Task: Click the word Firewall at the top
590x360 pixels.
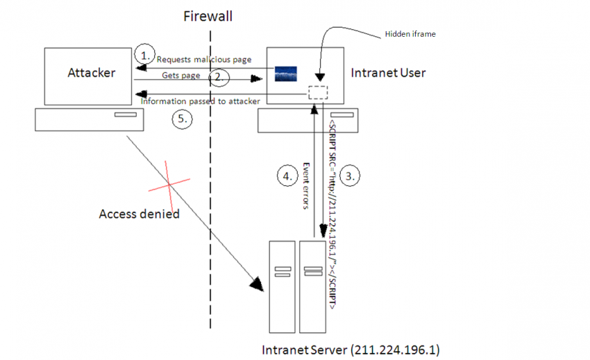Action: (208, 15)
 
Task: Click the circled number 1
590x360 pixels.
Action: (144, 53)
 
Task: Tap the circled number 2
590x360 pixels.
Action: (219, 76)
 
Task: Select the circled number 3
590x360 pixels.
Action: (351, 175)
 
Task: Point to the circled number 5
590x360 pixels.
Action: (183, 119)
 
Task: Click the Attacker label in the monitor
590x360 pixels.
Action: (91, 72)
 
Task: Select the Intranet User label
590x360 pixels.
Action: (388, 72)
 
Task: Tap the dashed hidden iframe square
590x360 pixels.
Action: (318, 92)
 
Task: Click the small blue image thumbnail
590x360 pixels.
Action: (286, 74)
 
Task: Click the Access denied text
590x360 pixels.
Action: (139, 214)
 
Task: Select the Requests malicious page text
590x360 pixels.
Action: (203, 60)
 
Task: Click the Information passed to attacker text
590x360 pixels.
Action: (201, 101)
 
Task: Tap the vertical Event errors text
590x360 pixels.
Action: (306, 185)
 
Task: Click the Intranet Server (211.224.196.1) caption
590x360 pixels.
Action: (350, 348)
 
